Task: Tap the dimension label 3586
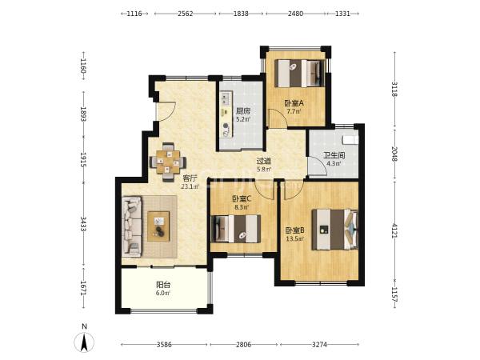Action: (164, 345)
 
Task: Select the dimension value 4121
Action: (394, 230)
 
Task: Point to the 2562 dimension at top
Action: (186, 14)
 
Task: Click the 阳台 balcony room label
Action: (163, 285)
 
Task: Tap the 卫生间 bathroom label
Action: (334, 155)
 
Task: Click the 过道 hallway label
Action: (264, 161)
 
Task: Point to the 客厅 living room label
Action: (190, 178)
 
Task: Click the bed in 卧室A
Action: (300, 73)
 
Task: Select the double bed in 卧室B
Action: (335, 230)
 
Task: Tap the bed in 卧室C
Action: (236, 229)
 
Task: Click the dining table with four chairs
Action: (168, 162)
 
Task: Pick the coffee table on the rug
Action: (158, 226)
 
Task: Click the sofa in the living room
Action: (132, 226)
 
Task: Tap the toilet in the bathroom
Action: (351, 139)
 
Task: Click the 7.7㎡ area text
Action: (294, 111)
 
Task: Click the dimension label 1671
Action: (83, 288)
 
